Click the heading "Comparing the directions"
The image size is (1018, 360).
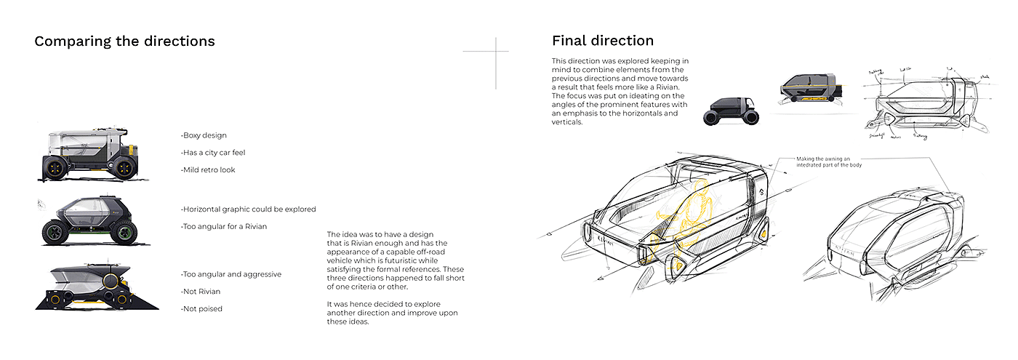pos(124,41)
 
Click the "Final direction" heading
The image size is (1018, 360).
pos(602,41)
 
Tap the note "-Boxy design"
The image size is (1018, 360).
pos(204,135)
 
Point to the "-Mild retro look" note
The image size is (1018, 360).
pos(208,170)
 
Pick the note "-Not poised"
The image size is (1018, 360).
pos(201,308)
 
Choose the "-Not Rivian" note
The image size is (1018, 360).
pos(201,291)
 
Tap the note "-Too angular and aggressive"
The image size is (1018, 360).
pos(231,274)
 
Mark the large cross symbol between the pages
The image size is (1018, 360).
pos(496,52)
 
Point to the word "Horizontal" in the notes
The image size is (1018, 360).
pos(207,209)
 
